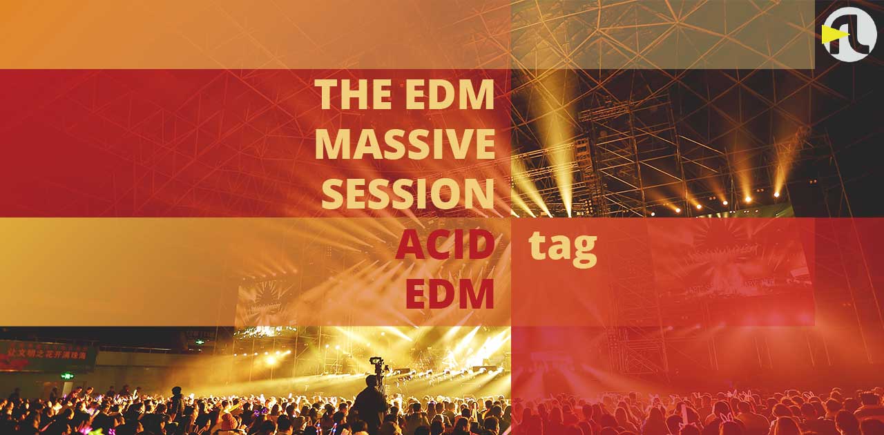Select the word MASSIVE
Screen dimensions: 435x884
point(405,144)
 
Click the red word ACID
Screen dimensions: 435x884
point(445,246)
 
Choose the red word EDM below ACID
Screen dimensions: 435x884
point(450,294)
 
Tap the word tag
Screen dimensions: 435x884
point(563,247)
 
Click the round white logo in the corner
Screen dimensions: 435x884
point(849,34)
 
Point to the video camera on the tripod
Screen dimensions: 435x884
point(377,362)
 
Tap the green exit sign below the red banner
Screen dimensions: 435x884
point(67,376)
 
